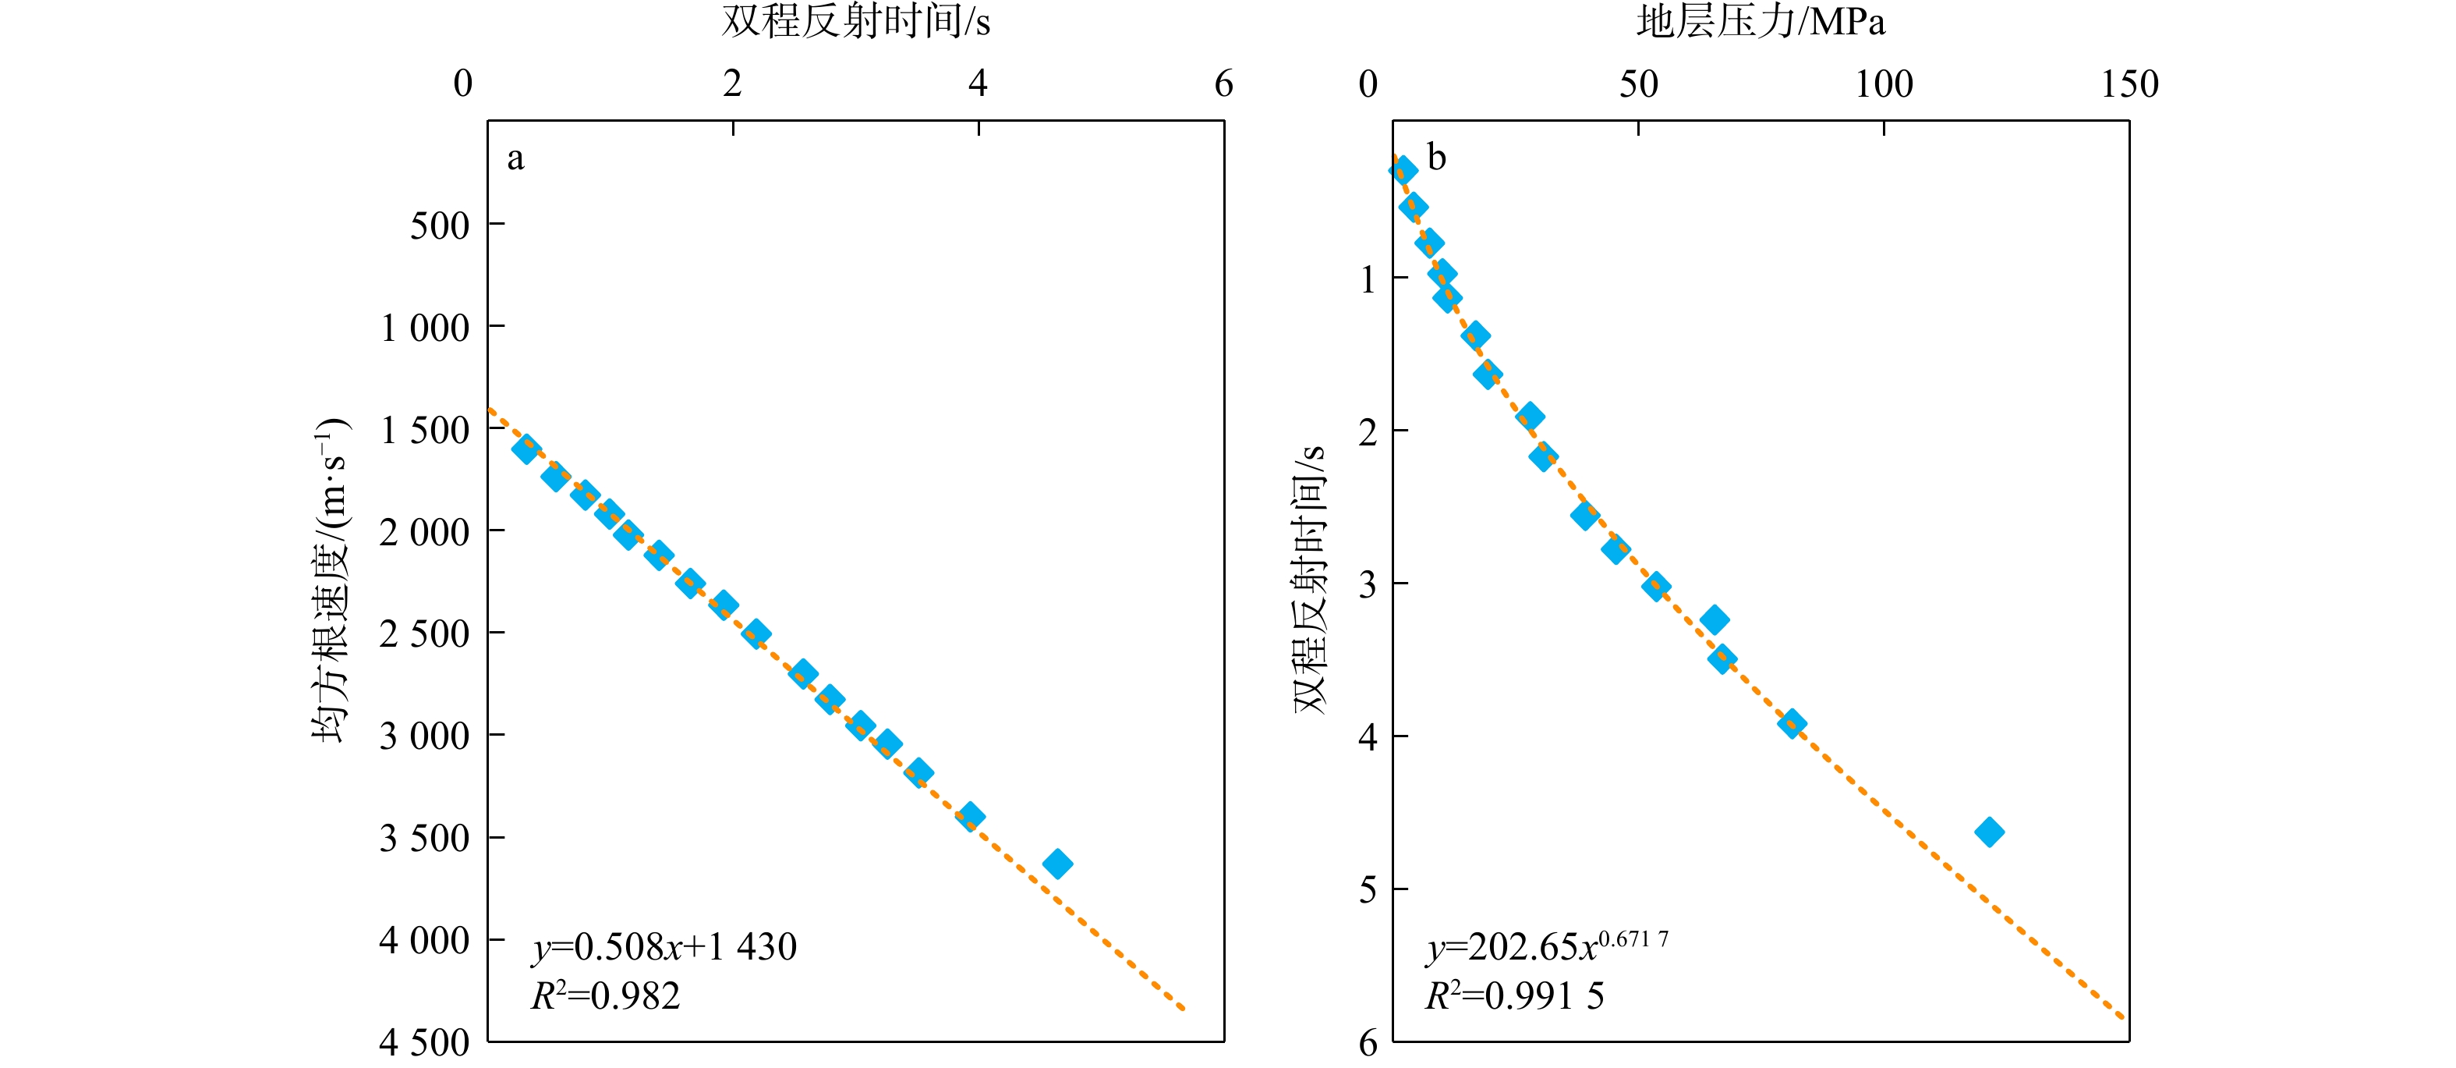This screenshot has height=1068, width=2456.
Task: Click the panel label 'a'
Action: pyautogui.click(x=515, y=158)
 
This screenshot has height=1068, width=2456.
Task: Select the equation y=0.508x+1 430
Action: pyautogui.click(x=664, y=947)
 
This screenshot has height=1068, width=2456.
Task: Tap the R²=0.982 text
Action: pyautogui.click(x=605, y=996)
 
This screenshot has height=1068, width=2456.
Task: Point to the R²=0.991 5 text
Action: pyautogui.click(x=1515, y=996)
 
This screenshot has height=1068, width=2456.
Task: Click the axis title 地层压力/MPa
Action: pyautogui.click(x=1760, y=22)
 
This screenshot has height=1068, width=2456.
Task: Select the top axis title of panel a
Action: pyautogui.click(x=855, y=22)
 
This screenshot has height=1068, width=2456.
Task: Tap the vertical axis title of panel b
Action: pyautogui.click(x=1310, y=578)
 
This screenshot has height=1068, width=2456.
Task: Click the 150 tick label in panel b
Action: pyautogui.click(x=2129, y=85)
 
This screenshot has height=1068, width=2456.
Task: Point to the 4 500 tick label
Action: pyautogui.click(x=424, y=1042)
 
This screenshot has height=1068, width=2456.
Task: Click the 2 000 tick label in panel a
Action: pyautogui.click(x=424, y=532)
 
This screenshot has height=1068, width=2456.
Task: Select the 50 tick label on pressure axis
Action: pyautogui.click(x=1638, y=85)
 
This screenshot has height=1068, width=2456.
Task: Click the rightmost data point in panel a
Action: pyautogui.click(x=1057, y=864)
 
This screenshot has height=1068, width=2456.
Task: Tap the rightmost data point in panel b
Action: pyautogui.click(x=1989, y=832)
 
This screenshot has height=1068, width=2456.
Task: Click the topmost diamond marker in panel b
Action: pyautogui.click(x=1403, y=171)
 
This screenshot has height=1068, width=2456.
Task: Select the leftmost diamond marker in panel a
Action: pyautogui.click(x=526, y=449)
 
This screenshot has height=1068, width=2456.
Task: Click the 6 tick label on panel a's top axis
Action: pyautogui.click(x=1223, y=85)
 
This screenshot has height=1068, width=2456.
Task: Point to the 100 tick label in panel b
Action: pyautogui.click(x=1883, y=85)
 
